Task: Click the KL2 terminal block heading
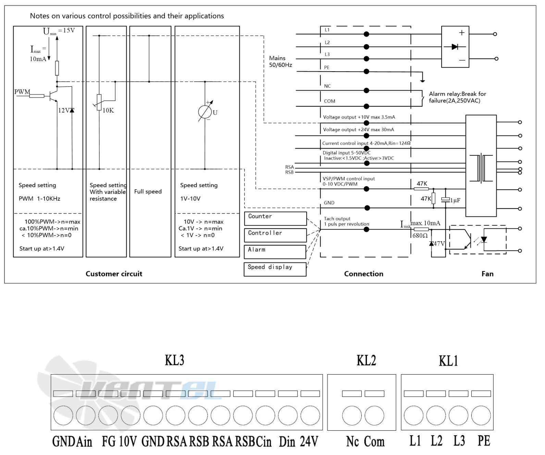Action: point(366,360)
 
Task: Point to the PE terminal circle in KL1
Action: point(481,415)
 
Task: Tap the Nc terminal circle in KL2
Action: point(352,415)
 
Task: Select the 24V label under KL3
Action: point(309,441)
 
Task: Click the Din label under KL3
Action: point(287,441)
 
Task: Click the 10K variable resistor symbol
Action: point(99,102)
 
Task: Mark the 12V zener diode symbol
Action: point(72,110)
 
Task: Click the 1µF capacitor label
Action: point(455,200)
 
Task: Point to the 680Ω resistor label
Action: point(420,236)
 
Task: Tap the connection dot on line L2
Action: point(367,47)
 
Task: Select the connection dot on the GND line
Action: point(367,208)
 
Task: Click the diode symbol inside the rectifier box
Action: point(455,47)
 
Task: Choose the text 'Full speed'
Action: point(148,191)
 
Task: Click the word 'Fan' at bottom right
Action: point(487,274)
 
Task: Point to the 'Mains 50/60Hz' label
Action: point(280,62)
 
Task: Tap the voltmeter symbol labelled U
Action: point(205,112)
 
